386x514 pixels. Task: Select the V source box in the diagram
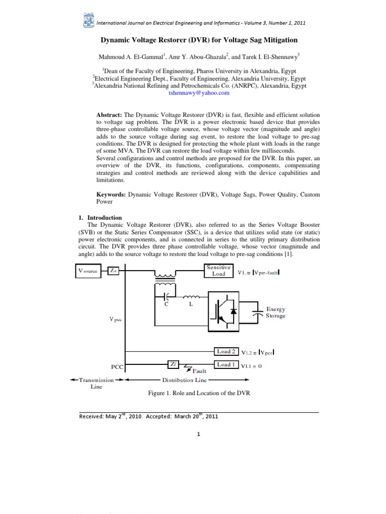[88, 271]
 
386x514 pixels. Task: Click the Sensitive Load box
[219, 271]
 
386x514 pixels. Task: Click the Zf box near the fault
[172, 365]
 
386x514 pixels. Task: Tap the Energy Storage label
[275, 313]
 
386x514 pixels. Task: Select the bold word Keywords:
[111, 194]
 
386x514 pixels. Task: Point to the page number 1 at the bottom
[200, 435]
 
